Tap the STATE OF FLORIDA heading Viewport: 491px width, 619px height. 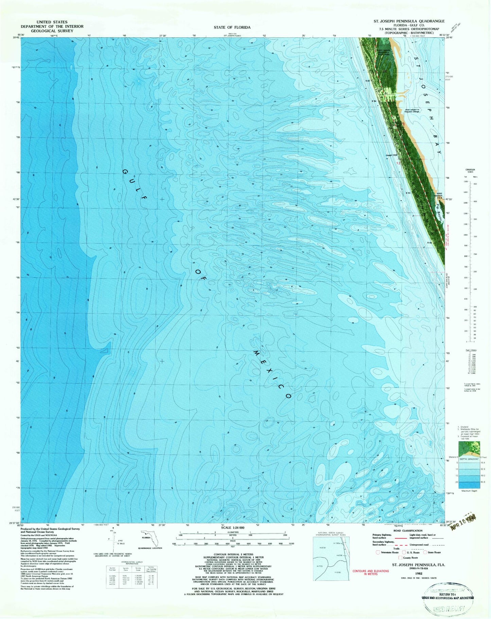(x=232, y=27)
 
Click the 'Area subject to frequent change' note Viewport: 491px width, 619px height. (x=412, y=110)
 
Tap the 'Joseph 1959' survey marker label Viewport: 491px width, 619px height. (x=391, y=156)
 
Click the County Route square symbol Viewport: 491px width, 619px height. (x=401, y=558)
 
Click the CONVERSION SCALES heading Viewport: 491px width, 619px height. (x=470, y=171)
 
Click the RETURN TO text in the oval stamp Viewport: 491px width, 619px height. (x=449, y=595)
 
